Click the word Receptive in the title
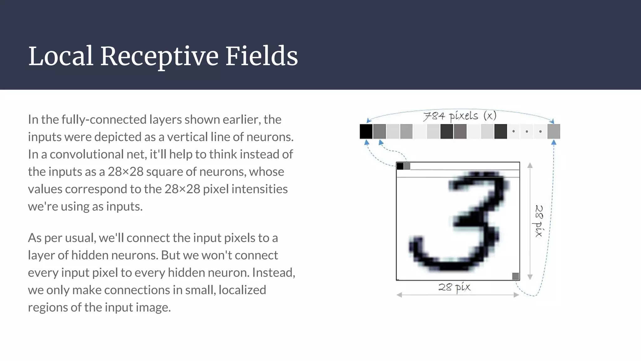pos(159,56)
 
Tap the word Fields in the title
pos(261,56)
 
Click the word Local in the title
pos(61,56)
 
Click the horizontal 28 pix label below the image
pos(454,287)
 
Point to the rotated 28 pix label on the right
pos(539,221)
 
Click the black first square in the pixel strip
pos(366,131)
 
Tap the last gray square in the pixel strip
pos(553,131)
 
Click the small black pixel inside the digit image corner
pos(400,166)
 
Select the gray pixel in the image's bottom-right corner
pos(515,276)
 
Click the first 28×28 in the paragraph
pos(125,172)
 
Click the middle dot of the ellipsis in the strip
pos(527,132)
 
